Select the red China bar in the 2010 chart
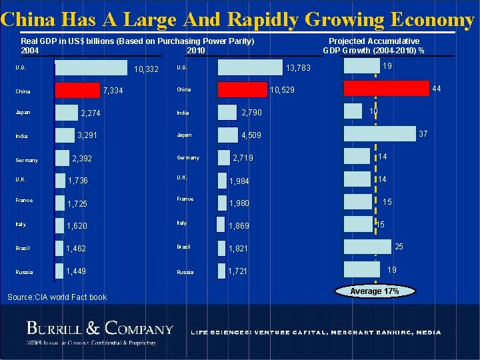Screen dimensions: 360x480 coord(242,89)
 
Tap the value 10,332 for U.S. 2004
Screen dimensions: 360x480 coord(146,70)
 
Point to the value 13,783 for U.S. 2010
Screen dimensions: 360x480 coord(298,69)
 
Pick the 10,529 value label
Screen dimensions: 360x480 coord(283,89)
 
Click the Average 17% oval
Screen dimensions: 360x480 coord(375,291)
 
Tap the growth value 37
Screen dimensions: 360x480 coord(422,134)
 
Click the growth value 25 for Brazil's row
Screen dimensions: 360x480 coord(399,247)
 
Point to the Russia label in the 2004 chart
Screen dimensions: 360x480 coord(25,272)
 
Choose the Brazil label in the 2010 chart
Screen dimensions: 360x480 coord(184,247)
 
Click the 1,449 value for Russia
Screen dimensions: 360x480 coord(77,271)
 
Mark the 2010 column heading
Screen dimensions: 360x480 coord(197,51)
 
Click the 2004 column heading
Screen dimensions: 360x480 coord(30,51)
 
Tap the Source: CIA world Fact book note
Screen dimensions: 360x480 coord(56,297)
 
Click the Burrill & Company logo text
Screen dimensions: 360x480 coord(100,328)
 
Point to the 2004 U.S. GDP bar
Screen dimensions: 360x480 coord(91,68)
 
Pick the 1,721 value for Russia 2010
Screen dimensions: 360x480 coord(238,271)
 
